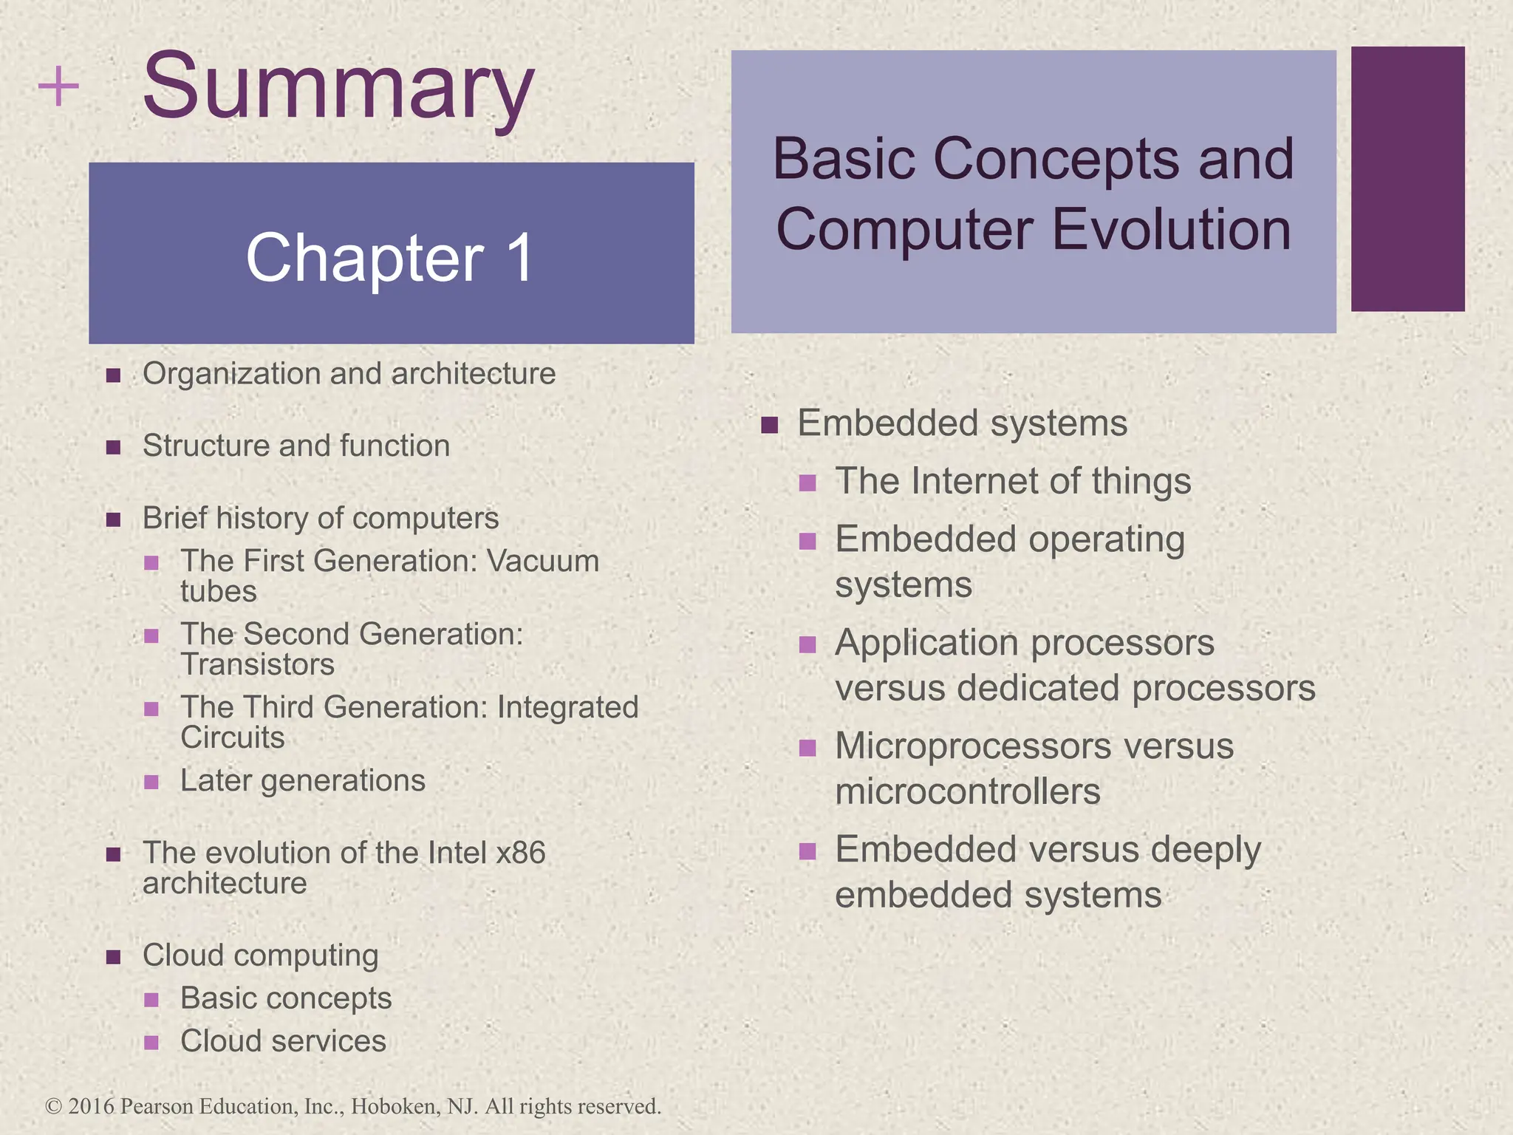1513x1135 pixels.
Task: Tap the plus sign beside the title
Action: (58, 87)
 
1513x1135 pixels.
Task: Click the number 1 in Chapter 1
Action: (519, 258)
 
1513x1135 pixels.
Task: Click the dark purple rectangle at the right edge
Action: (1407, 179)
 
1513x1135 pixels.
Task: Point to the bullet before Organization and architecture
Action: (113, 375)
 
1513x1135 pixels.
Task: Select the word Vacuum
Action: (543, 561)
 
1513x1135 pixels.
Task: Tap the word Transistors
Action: (257, 664)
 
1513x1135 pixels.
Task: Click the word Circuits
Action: (233, 737)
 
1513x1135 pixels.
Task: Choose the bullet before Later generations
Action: (151, 782)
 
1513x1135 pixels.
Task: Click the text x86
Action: (520, 853)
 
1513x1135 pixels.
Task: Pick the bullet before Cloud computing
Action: (113, 957)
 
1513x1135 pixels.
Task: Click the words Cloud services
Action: (283, 1041)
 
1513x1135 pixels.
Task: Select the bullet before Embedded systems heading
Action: (770, 425)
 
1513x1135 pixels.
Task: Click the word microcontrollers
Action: (967, 792)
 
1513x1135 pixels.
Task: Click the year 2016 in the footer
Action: (91, 1106)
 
